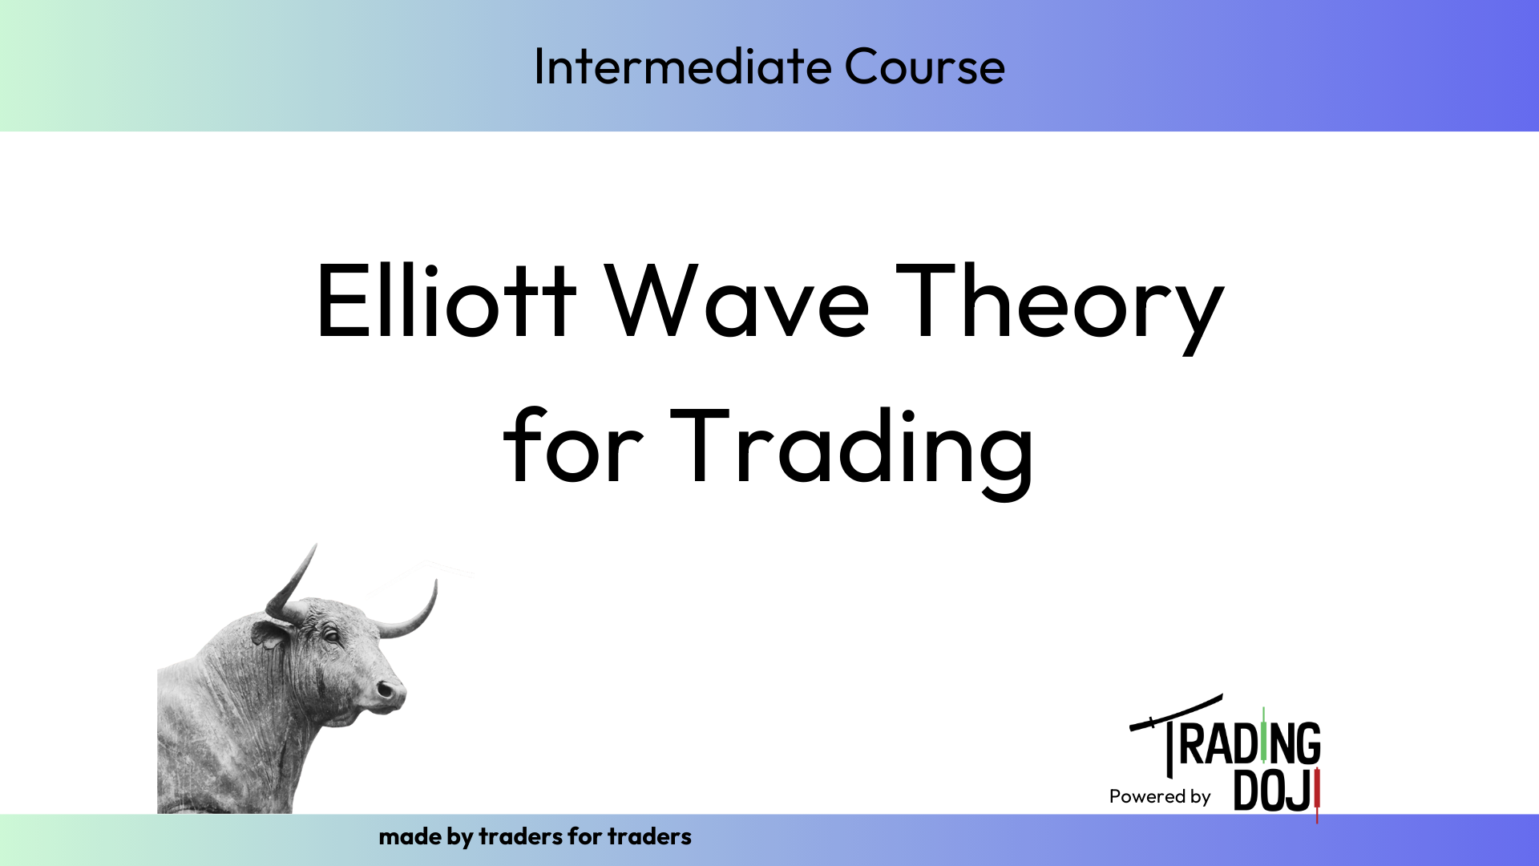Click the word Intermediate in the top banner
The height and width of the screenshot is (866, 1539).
click(x=671, y=66)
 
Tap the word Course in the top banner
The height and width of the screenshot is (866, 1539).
click(x=924, y=66)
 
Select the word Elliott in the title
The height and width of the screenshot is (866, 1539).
click(x=446, y=300)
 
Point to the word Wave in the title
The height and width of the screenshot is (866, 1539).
click(x=737, y=300)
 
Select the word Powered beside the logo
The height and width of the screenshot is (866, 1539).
click(x=1147, y=796)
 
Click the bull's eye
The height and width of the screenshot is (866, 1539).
click(x=330, y=636)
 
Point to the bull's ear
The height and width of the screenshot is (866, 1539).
click(x=269, y=633)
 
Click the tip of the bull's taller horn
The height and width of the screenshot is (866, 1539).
click(x=316, y=544)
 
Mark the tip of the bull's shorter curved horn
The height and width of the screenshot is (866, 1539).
click(x=436, y=581)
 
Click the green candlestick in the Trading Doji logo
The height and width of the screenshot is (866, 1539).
click(x=1264, y=734)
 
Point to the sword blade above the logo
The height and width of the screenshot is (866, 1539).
click(x=1177, y=711)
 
